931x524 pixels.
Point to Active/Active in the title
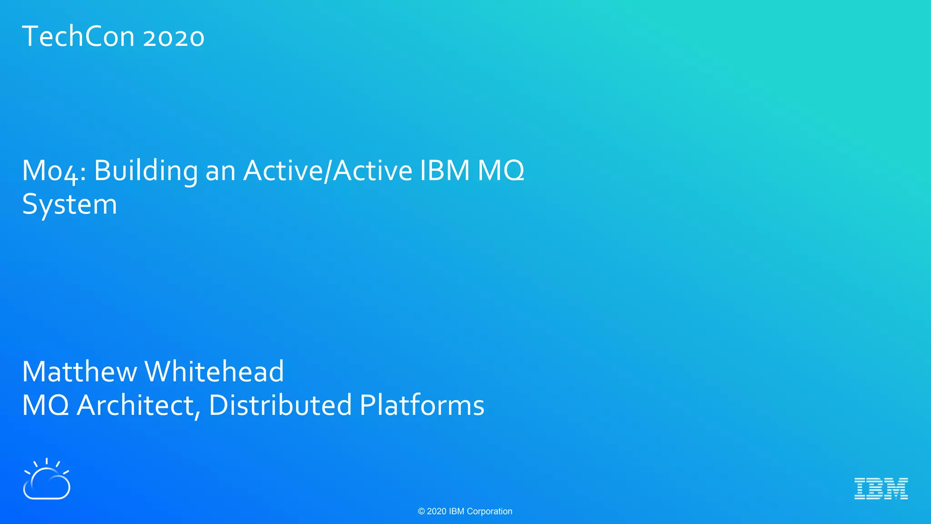328,171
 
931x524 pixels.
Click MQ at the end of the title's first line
501,171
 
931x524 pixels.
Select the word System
70,205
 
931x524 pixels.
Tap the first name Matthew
79,372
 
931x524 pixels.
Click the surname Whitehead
214,372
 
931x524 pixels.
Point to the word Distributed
280,405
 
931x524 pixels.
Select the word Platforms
422,405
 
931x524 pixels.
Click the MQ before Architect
45,405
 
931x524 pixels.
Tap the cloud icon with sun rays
46,480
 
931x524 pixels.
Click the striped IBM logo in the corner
881,489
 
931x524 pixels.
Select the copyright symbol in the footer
421,512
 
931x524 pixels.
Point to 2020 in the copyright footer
436,512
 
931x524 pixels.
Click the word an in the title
220,172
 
